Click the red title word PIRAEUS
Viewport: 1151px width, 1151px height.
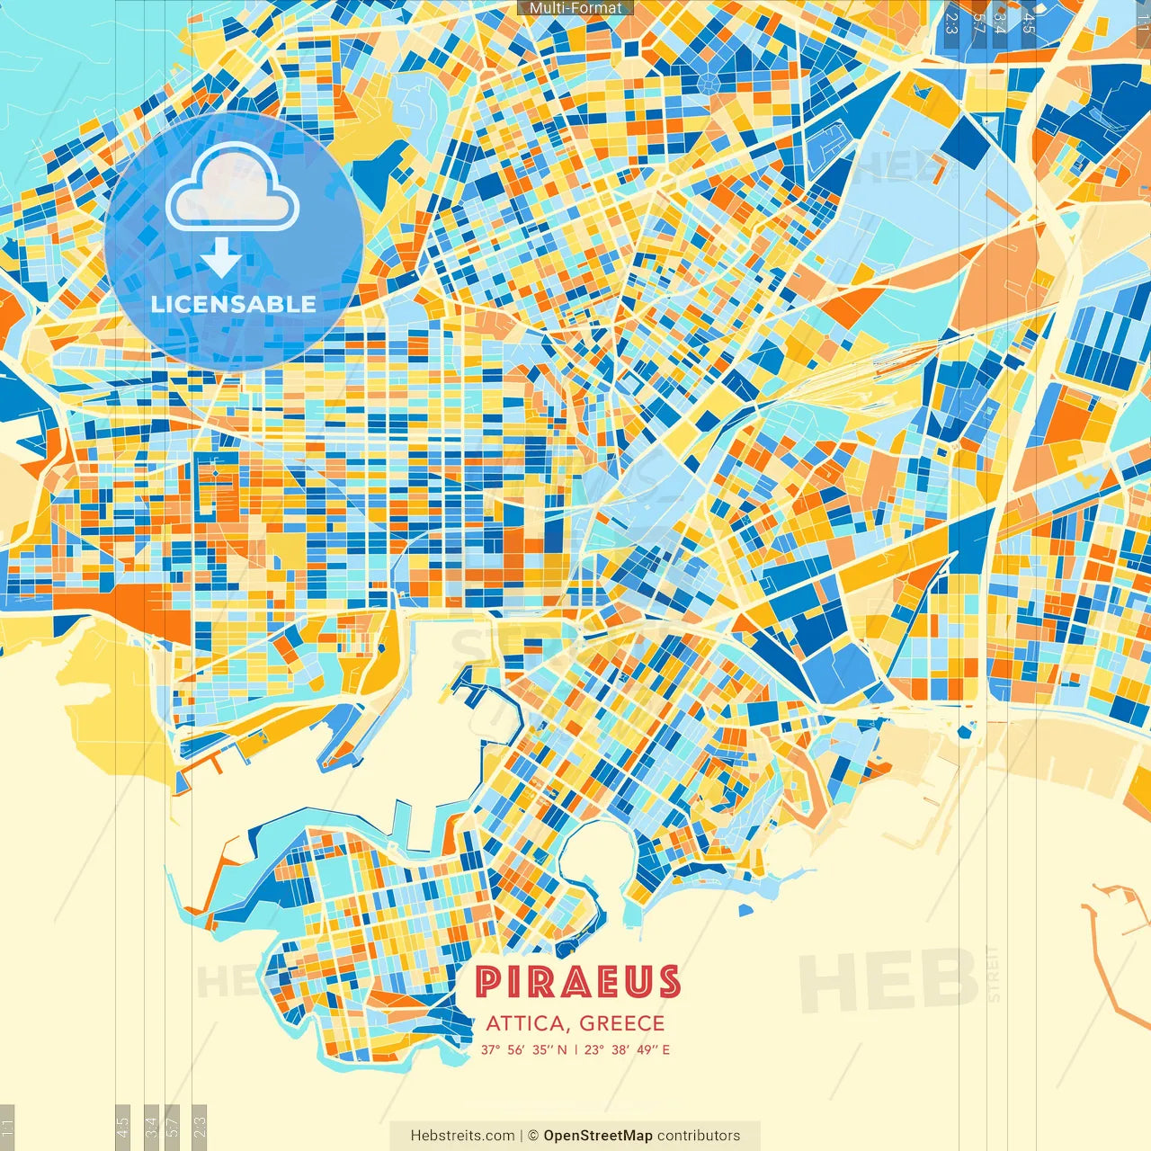pyautogui.click(x=577, y=982)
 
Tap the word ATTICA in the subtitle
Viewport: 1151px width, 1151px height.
pyautogui.click(x=525, y=1023)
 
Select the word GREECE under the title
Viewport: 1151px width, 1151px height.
pyautogui.click(x=622, y=1023)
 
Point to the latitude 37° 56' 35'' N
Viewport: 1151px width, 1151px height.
pyautogui.click(x=523, y=1049)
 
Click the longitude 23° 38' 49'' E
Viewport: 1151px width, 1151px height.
pyautogui.click(x=627, y=1049)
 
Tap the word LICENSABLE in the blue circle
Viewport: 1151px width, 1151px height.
pyautogui.click(x=234, y=304)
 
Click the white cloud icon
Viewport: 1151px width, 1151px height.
pyautogui.click(x=233, y=187)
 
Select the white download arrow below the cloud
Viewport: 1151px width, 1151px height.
pyautogui.click(x=220, y=258)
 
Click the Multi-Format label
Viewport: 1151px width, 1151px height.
pyautogui.click(x=575, y=8)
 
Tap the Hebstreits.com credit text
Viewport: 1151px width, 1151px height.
pyautogui.click(x=462, y=1136)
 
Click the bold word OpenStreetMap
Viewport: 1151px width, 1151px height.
pyautogui.click(x=598, y=1136)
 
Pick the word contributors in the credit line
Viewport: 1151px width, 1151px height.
pyautogui.click(x=699, y=1136)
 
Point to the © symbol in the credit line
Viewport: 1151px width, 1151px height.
pyautogui.click(x=533, y=1136)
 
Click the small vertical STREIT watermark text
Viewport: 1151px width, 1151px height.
pyautogui.click(x=993, y=974)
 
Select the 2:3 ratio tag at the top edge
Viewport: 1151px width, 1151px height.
pyautogui.click(x=951, y=22)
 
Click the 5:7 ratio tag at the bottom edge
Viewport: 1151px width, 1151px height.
pyautogui.click(x=174, y=1125)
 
